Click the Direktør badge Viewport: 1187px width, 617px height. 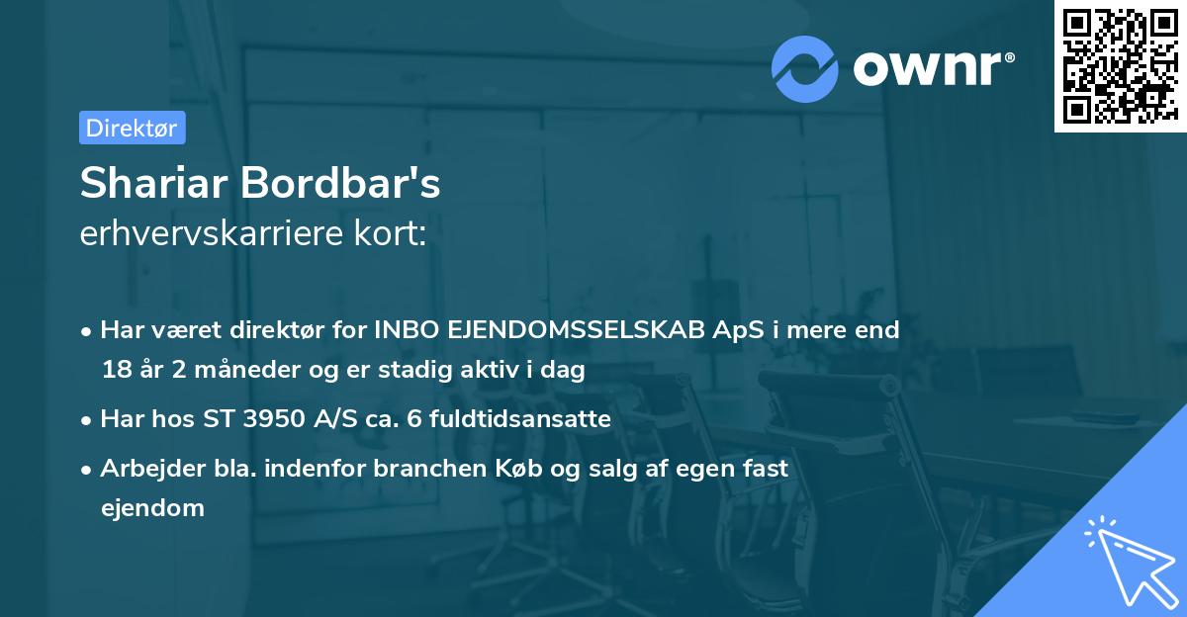click(x=132, y=128)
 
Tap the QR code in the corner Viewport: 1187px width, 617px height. click(x=1120, y=65)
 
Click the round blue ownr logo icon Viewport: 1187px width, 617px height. click(x=805, y=68)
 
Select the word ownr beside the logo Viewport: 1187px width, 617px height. click(x=932, y=68)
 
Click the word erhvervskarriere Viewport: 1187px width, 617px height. click(x=210, y=233)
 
